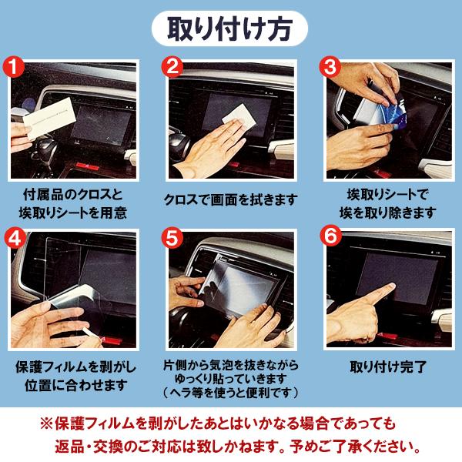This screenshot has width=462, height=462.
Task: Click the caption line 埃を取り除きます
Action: click(387, 212)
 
